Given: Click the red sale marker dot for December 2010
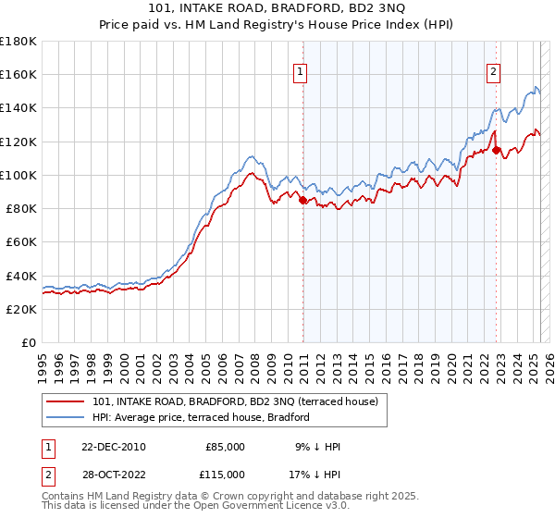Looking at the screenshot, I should (x=303, y=200).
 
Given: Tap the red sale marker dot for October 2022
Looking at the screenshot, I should (x=497, y=150).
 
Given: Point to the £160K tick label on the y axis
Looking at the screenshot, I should (x=18, y=75).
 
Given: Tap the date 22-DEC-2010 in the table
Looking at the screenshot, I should (x=113, y=447).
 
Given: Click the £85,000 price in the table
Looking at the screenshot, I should (x=225, y=447).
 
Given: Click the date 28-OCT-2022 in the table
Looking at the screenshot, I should (x=113, y=474).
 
